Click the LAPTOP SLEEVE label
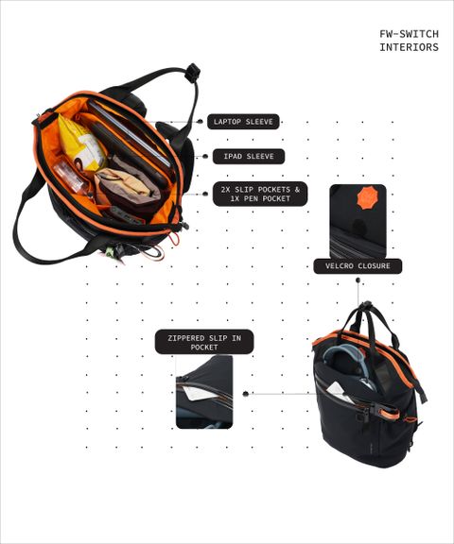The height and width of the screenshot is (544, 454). [x=243, y=122]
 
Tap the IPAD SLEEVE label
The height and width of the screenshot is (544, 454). [x=249, y=157]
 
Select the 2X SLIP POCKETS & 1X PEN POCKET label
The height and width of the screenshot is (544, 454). [x=260, y=194]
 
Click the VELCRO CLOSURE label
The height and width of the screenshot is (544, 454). [x=358, y=266]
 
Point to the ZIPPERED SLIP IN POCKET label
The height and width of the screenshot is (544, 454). [x=204, y=342]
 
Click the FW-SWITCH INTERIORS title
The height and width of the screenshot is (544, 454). [x=410, y=41]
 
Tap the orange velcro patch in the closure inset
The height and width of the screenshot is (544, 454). [x=368, y=197]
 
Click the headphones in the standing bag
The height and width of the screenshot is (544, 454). [x=347, y=365]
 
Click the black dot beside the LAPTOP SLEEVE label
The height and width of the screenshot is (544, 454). [x=201, y=121]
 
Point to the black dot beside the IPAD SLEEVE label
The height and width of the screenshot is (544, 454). [x=205, y=157]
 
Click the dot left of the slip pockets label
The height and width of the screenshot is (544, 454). [x=205, y=194]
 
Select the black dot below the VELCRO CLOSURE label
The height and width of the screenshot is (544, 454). [x=358, y=280]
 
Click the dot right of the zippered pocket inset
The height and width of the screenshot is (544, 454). [x=246, y=394]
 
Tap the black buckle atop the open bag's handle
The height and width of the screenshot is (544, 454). [x=193, y=72]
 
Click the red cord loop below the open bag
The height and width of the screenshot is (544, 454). [x=174, y=239]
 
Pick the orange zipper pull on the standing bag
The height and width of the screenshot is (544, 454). [x=388, y=413]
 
